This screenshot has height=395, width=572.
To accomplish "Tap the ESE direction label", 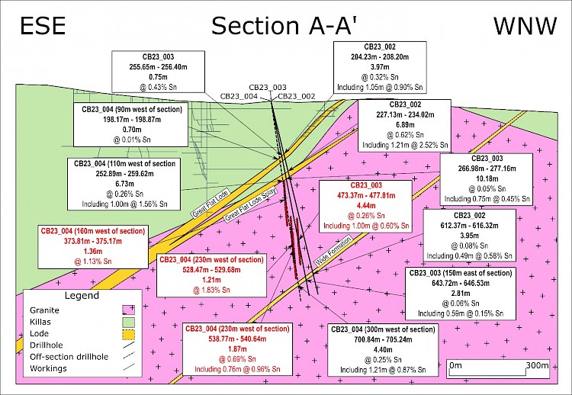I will (43, 26).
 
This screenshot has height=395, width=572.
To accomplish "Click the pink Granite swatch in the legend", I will (127, 310).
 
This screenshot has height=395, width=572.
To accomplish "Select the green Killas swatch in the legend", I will (127, 322).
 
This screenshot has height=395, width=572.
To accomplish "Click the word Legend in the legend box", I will (82, 295).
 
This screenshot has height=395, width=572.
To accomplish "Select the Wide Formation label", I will (334, 251).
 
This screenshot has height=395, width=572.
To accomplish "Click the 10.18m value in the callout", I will (483, 178).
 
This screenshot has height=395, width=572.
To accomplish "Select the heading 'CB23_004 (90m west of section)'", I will (132, 109).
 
